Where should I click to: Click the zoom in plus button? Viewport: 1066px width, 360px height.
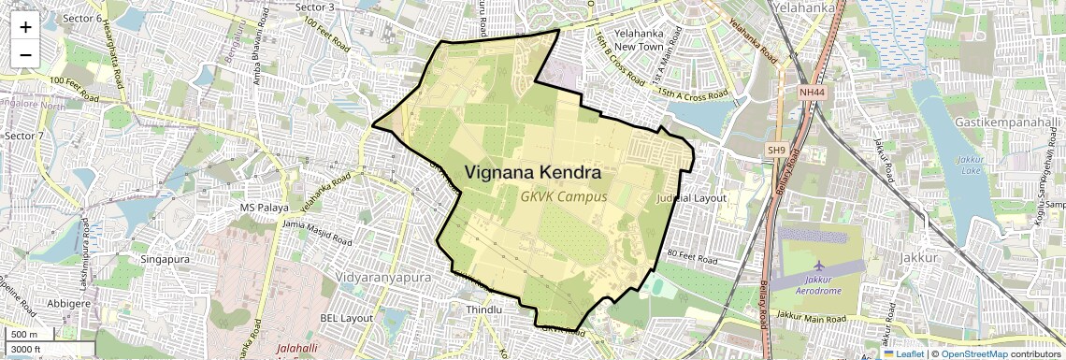click(25, 26)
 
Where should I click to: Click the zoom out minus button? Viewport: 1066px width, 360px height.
click(25, 54)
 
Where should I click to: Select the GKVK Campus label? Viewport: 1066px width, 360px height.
click(564, 197)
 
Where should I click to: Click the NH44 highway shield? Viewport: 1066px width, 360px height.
click(813, 93)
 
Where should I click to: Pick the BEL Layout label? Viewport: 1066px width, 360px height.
click(347, 318)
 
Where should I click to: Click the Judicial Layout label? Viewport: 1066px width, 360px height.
click(692, 198)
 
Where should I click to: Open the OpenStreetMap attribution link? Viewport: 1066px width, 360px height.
click(973, 353)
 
